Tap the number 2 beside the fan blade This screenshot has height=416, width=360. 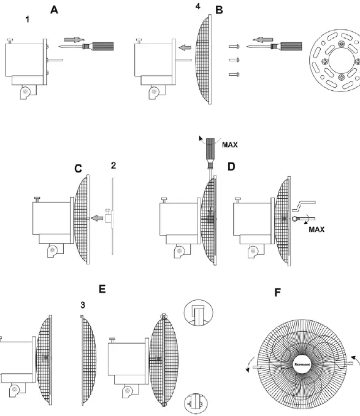click(x=114, y=166)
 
